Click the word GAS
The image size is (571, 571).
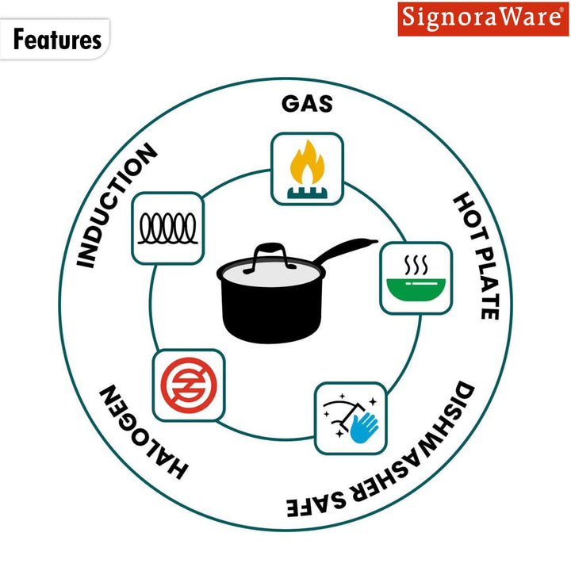point(307,104)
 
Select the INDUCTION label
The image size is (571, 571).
point(117,205)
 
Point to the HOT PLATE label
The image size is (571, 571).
point(476,255)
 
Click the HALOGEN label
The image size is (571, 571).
point(143,432)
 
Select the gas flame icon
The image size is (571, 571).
point(307,168)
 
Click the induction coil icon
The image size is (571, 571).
point(167,228)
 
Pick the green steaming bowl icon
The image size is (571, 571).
point(416,278)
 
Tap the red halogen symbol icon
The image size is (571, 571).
point(188,385)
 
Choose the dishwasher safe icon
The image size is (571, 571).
point(351,419)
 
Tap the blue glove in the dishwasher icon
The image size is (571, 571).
point(365,425)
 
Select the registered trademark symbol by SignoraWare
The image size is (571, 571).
point(562,10)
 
